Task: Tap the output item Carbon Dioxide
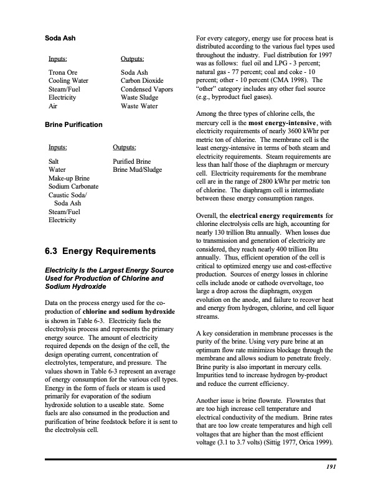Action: (x=142, y=80)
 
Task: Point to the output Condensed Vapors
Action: (x=146, y=89)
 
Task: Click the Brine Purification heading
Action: (x=74, y=124)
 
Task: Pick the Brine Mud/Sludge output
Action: (x=137, y=169)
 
